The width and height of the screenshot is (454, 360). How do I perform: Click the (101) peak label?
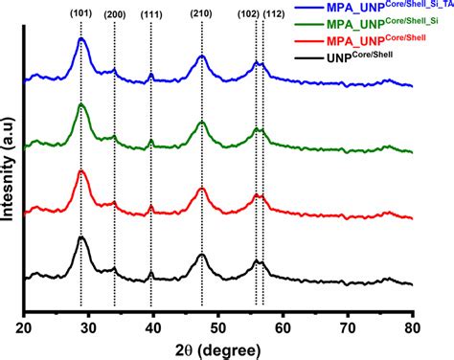point(81,13)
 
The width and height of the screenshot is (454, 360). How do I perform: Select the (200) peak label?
point(115,13)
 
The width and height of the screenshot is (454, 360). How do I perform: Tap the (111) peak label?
point(152,13)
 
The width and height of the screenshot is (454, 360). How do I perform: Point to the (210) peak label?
point(202,13)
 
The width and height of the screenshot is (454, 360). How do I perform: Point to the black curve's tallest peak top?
point(82,237)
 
